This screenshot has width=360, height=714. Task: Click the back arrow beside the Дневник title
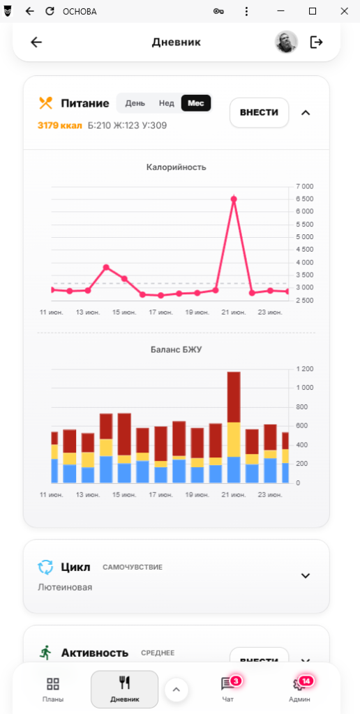pos(36,43)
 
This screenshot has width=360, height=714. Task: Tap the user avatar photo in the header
pos(286,43)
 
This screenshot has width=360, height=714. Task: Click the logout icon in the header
pos(316,43)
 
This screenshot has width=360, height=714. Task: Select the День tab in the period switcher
pos(135,103)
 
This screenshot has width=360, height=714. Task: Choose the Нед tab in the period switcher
pos(166,103)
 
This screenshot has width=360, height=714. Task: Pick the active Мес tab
pos(196,103)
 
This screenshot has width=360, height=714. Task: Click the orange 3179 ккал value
pos(60,126)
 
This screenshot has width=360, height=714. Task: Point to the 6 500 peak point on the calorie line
pos(234,199)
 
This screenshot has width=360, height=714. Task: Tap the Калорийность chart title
pos(177,167)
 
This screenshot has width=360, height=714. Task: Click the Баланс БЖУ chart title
pos(177,350)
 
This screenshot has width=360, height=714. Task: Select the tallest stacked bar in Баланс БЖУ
pos(234,427)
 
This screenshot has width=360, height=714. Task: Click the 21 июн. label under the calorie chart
pos(234,312)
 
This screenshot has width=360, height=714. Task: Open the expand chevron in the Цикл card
pos(306,575)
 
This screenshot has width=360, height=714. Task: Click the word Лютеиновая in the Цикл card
pos(65,587)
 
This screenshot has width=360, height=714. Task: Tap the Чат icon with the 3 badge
pos(227,683)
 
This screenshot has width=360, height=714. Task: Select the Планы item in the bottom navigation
pos(53,688)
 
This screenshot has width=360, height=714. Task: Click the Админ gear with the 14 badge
pos(299,684)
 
